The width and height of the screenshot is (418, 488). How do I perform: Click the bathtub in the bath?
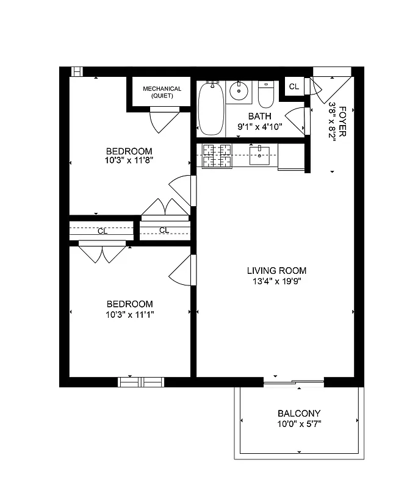click(x=211, y=108)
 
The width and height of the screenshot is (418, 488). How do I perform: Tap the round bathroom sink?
click(x=238, y=92)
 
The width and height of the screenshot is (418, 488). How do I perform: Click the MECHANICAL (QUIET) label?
click(x=162, y=92)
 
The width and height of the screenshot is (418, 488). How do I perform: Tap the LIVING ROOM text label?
click(x=276, y=271)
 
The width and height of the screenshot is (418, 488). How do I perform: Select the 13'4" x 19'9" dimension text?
click(x=276, y=281)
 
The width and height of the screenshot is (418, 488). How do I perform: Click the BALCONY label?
click(x=299, y=413)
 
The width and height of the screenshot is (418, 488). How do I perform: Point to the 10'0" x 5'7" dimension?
click(x=299, y=423)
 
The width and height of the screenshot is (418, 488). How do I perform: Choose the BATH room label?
click(x=259, y=117)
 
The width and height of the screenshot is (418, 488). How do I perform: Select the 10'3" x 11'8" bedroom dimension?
click(x=129, y=162)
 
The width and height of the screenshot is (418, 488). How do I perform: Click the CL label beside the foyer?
click(x=294, y=87)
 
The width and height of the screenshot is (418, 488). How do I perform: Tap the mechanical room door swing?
click(x=162, y=119)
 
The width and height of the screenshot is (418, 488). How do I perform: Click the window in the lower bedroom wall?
click(x=141, y=382)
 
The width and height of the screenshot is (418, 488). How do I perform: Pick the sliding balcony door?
click(x=294, y=382)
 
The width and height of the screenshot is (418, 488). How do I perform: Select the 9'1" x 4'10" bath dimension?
click(x=259, y=127)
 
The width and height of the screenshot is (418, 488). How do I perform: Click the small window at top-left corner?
click(x=78, y=71)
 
